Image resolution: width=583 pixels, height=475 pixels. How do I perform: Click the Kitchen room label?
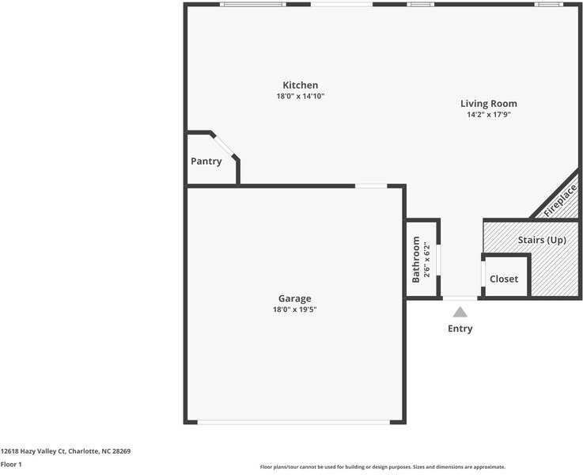pyautogui.click(x=301, y=85)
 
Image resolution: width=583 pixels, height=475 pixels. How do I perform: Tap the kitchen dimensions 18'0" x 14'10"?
pyautogui.click(x=301, y=96)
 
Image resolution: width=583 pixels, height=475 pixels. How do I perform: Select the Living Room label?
pyautogui.click(x=489, y=104)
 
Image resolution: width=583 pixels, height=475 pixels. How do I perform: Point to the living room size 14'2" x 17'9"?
pyautogui.click(x=489, y=114)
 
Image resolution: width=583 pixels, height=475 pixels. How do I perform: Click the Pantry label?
pyautogui.click(x=206, y=161)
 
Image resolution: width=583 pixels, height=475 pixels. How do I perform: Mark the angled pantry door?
pyautogui.click(x=225, y=146)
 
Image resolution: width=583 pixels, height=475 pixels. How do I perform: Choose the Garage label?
pyautogui.click(x=294, y=298)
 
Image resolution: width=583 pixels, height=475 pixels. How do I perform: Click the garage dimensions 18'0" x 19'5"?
pyautogui.click(x=294, y=310)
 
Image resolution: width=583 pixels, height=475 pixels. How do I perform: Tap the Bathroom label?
pyautogui.click(x=416, y=260)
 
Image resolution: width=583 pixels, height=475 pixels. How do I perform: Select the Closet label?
pyautogui.click(x=504, y=279)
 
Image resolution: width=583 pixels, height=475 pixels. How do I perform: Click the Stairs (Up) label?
pyautogui.click(x=542, y=240)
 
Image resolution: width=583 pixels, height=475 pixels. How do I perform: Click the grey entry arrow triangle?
pyautogui.click(x=460, y=312)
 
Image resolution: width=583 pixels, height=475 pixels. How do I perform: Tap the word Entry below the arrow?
pyautogui.click(x=460, y=329)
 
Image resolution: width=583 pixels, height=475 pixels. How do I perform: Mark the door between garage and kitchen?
pyautogui.click(x=371, y=186)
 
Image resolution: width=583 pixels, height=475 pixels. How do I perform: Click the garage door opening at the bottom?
pyautogui.click(x=293, y=422)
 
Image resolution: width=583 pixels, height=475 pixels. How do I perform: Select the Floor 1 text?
pyautogui.click(x=11, y=464)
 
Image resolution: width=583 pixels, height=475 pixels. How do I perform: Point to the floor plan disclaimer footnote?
pyautogui.click(x=383, y=467)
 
